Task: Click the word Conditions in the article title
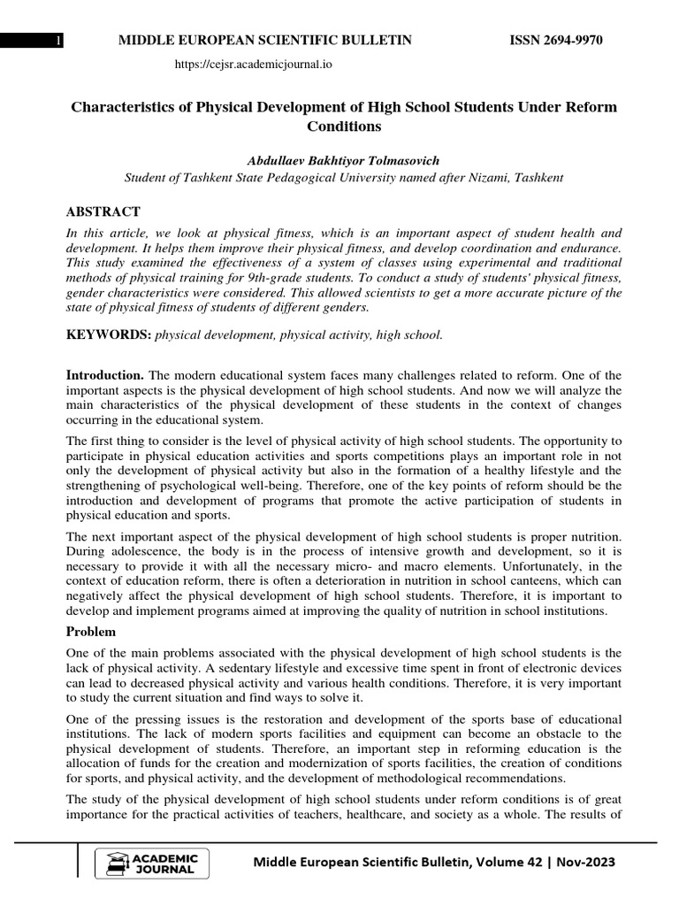click(x=343, y=127)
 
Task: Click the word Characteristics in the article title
click(x=121, y=107)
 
